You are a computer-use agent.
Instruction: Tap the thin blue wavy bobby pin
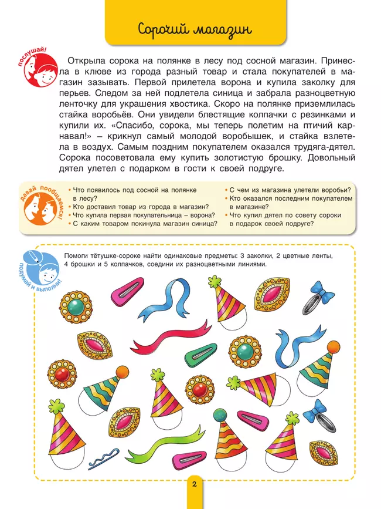(104, 454)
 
